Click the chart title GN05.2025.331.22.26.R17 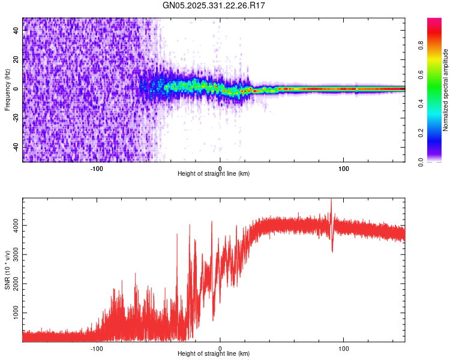214,5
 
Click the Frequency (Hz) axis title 8,90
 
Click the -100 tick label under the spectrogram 97,168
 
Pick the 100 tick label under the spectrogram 344,168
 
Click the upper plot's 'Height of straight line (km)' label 214,174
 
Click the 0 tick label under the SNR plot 220,348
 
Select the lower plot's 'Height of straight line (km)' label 214,354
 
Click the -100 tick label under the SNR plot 97,348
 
